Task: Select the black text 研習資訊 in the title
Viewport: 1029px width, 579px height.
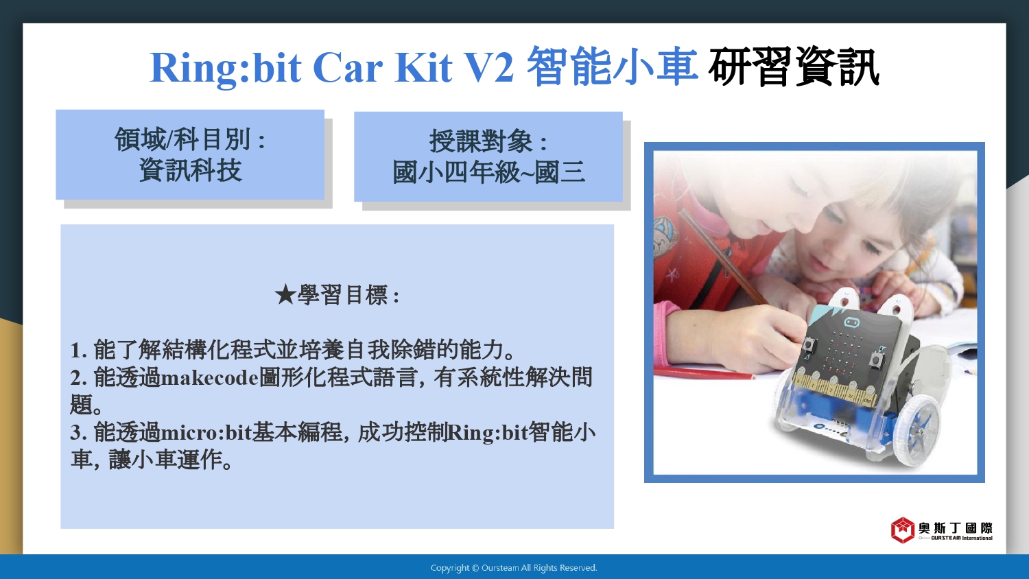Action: pos(793,67)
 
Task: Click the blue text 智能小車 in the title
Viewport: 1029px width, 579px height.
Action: pos(612,66)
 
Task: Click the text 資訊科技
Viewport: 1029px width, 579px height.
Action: pos(190,171)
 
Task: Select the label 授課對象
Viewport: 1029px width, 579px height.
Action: pos(481,141)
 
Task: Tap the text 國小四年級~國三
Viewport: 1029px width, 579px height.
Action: pos(488,172)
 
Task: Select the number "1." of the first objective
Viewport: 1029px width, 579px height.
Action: pos(79,351)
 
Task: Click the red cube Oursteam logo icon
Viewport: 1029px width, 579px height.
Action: pos(902,530)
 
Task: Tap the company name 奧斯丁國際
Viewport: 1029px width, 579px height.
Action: pos(956,528)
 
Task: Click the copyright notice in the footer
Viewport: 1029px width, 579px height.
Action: pos(514,568)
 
